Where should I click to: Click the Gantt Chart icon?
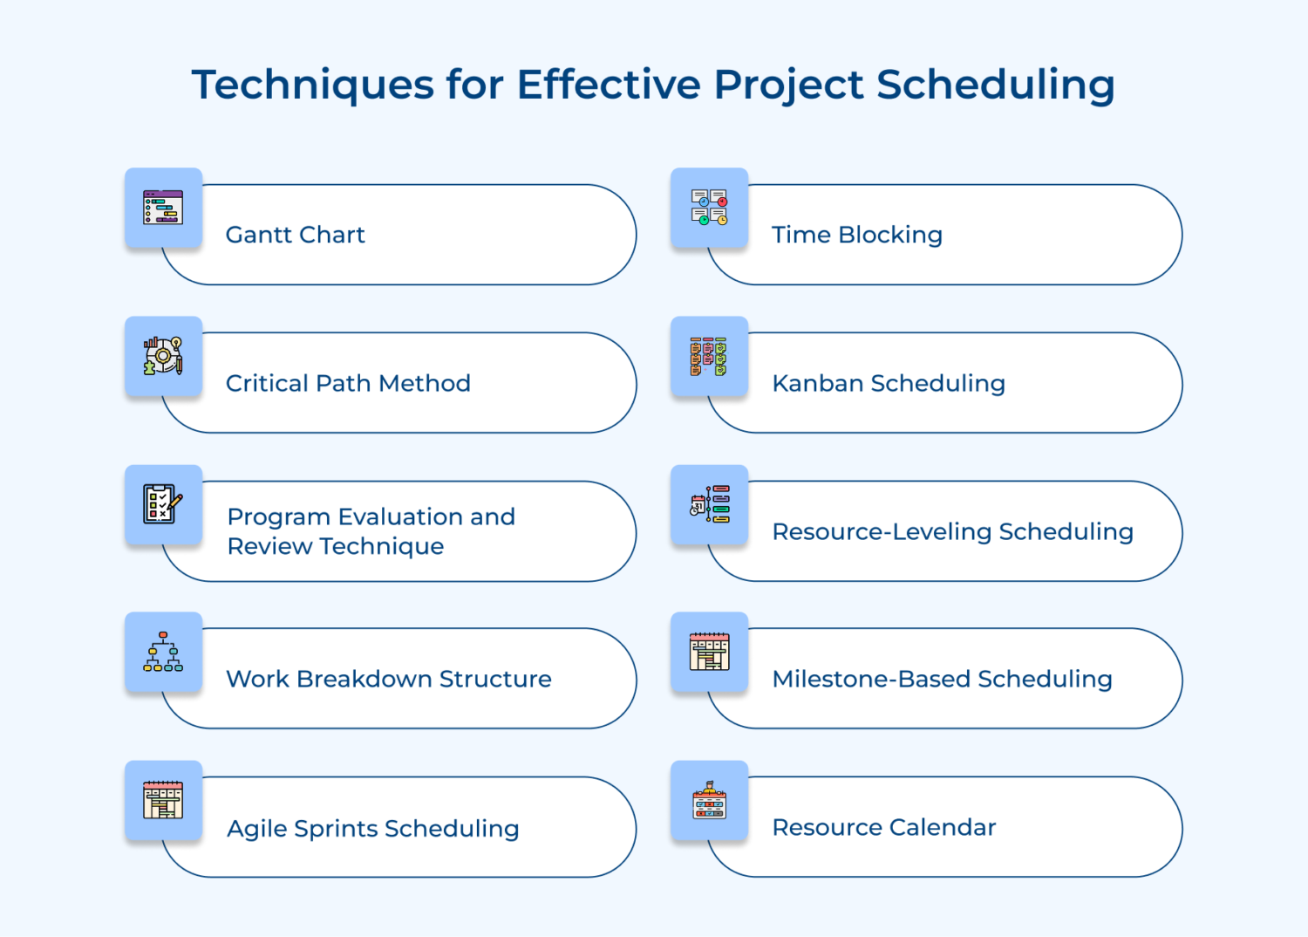[163, 208]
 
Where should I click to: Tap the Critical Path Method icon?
[163, 356]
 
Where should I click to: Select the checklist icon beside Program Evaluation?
[163, 504]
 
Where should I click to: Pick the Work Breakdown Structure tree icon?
[163, 652]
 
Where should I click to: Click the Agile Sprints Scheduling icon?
[163, 800]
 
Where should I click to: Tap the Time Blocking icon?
[709, 208]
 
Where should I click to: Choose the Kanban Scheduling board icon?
[709, 356]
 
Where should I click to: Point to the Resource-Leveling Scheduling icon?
[709, 504]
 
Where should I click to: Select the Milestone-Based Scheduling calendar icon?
[709, 652]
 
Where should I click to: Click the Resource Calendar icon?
[709, 800]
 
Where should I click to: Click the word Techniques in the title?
[312, 85]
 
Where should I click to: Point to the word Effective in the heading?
[609, 85]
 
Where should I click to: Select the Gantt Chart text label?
[295, 235]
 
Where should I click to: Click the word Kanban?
[817, 383]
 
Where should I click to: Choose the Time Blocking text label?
[856, 235]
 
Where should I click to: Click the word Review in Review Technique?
[269, 546]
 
